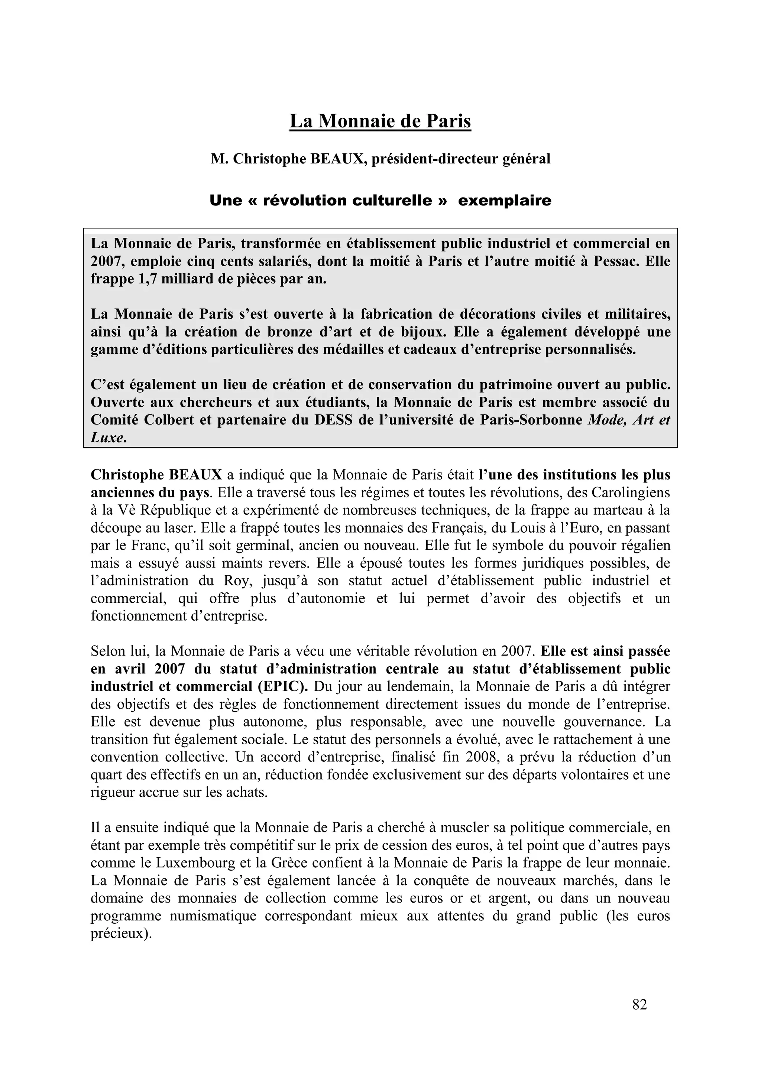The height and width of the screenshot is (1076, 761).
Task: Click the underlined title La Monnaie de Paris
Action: pos(380,121)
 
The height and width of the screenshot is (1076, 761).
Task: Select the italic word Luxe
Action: pos(107,438)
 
